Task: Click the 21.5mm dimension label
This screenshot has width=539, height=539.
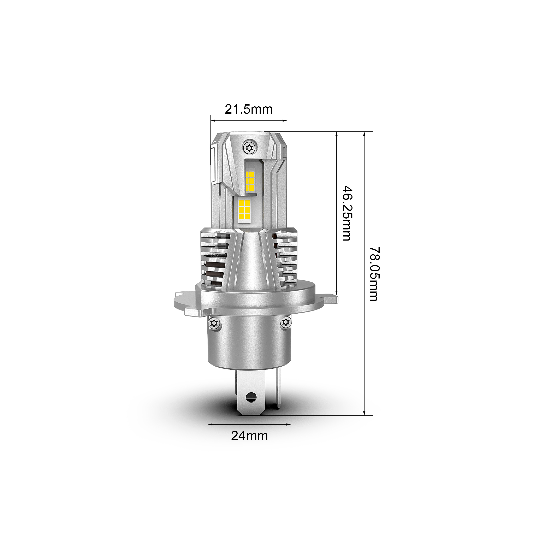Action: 249,109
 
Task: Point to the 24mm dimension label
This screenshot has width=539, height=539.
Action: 249,444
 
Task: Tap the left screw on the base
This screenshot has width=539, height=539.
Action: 214,323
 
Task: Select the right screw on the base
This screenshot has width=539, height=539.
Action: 285,323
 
